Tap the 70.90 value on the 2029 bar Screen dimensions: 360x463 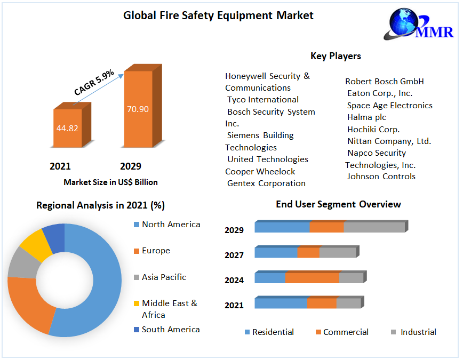(138, 109)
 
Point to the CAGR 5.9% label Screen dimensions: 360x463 (94, 84)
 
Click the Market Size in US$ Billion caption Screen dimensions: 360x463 (110, 182)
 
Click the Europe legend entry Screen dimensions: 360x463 (156, 251)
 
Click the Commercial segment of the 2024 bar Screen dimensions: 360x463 (312, 278)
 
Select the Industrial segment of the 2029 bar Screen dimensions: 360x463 (374, 227)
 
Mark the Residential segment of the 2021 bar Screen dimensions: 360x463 (281, 303)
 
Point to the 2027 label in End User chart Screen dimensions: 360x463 (234, 255)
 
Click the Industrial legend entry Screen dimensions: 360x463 (418, 332)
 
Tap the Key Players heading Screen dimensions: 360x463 (336, 56)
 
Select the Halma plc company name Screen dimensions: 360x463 (366, 117)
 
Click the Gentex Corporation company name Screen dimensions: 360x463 (266, 183)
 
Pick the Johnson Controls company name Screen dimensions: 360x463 (381, 177)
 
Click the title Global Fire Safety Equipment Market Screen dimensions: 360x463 (218, 15)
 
